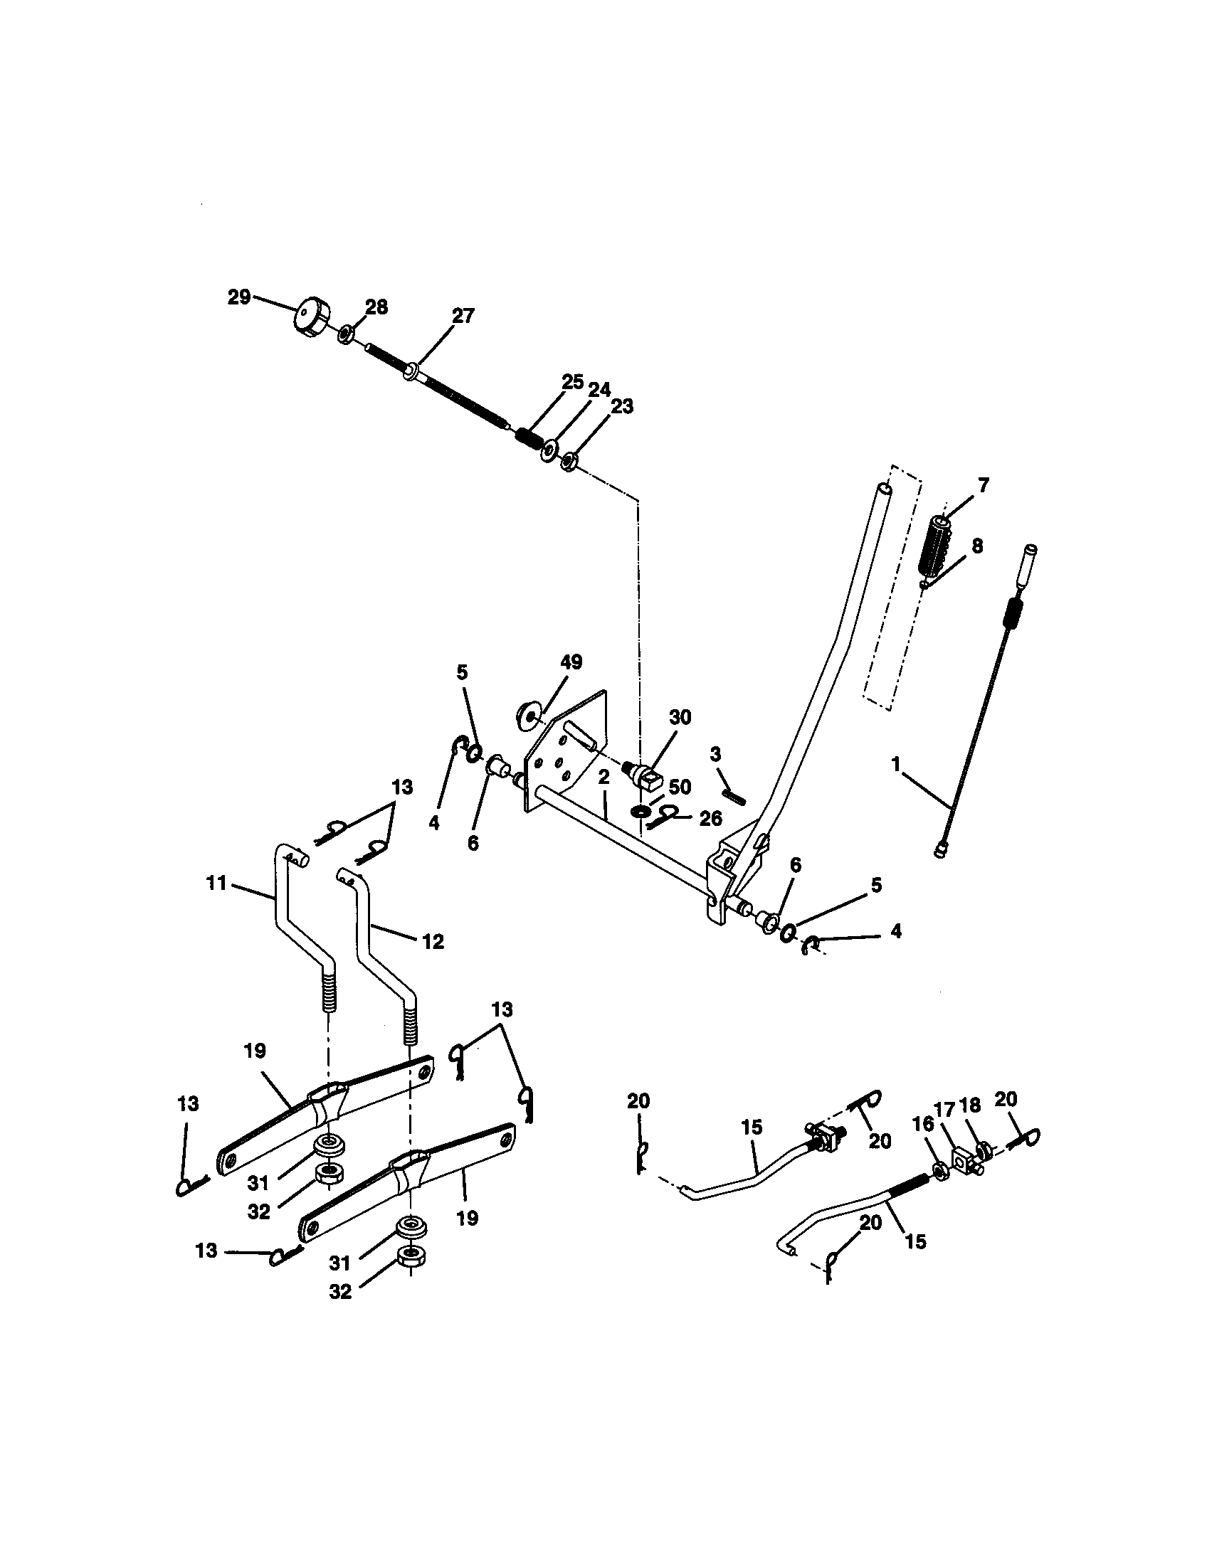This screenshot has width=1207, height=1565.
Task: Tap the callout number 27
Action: click(463, 316)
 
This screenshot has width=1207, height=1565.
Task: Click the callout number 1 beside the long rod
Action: click(896, 765)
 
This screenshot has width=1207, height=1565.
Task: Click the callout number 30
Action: click(680, 717)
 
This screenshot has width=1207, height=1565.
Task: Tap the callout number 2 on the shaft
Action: click(603, 777)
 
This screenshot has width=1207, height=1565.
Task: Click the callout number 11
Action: click(216, 884)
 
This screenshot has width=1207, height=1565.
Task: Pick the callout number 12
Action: click(433, 941)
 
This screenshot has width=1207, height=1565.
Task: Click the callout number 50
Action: click(680, 787)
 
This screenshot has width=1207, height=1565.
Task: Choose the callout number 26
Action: click(710, 818)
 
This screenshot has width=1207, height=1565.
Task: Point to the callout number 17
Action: click(944, 1110)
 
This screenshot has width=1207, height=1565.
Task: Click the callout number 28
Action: click(376, 307)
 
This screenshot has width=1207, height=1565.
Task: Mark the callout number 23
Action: click(622, 406)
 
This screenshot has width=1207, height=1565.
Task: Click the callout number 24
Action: click(599, 390)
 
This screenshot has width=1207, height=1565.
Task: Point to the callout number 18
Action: click(970, 1105)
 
